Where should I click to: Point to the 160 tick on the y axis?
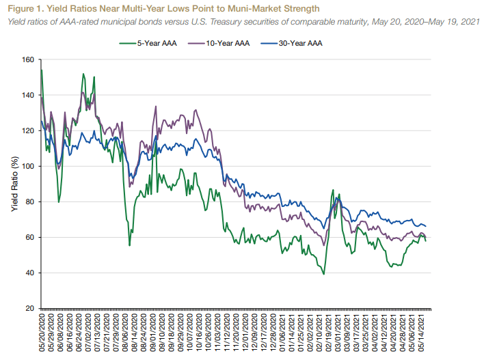coord(27,60)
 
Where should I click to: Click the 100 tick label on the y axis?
coord(27,167)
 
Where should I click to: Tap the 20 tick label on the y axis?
coord(29,309)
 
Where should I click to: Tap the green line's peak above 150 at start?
coord(42,70)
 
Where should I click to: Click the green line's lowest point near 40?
coord(323,274)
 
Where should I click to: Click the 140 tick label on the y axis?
coord(27,96)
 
